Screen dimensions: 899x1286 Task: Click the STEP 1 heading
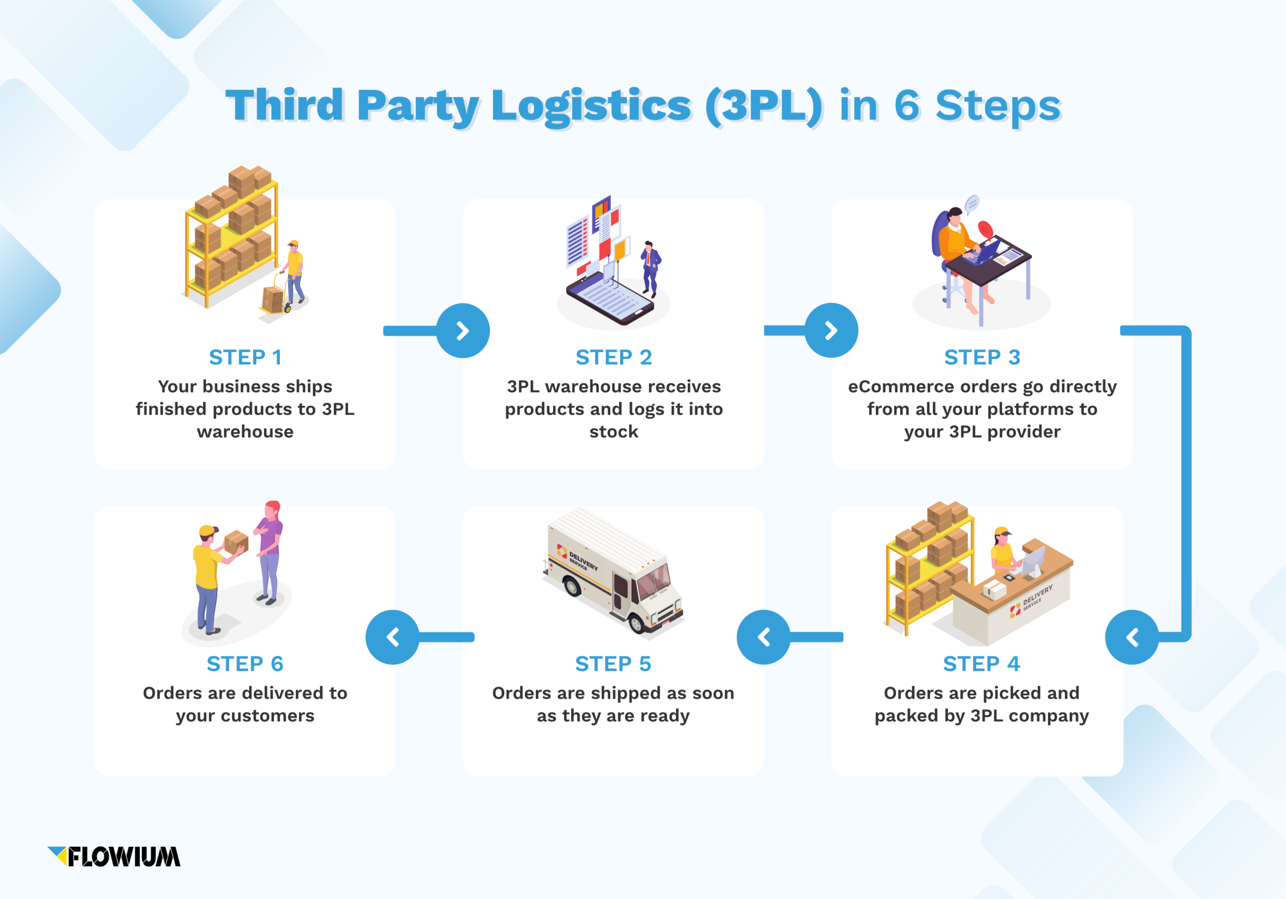pyautogui.click(x=245, y=357)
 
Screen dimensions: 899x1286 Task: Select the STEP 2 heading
pyautogui.click(x=613, y=357)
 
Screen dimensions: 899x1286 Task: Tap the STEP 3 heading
pyautogui.click(x=982, y=357)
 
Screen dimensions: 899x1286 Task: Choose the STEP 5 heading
pyautogui.click(x=613, y=664)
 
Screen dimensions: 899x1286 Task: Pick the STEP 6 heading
pyautogui.click(x=245, y=664)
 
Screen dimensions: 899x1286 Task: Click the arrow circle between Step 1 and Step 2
pyautogui.click(x=463, y=331)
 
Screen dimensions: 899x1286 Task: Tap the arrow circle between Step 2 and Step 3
pyautogui.click(x=831, y=331)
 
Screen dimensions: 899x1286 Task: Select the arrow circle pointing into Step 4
pyautogui.click(x=1131, y=637)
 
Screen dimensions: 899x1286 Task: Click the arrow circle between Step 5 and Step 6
pyautogui.click(x=392, y=637)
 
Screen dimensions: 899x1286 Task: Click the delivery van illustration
pyautogui.click(x=613, y=571)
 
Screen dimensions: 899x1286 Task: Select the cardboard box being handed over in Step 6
pyautogui.click(x=236, y=542)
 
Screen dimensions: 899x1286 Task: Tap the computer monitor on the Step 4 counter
pyautogui.click(x=1033, y=560)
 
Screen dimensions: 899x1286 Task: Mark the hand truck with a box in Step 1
pyautogui.click(x=276, y=296)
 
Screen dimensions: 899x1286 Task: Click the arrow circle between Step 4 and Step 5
pyautogui.click(x=763, y=637)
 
